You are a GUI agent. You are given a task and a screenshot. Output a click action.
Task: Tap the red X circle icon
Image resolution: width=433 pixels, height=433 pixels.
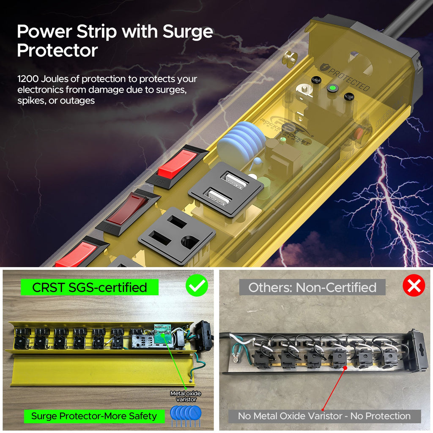(414, 286)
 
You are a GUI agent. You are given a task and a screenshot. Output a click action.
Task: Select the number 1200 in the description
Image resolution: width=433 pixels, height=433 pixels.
(28, 79)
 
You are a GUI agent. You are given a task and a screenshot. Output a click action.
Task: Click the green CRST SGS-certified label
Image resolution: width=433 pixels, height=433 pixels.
(89, 288)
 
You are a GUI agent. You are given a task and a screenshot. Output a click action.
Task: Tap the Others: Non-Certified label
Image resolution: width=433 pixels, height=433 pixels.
(312, 288)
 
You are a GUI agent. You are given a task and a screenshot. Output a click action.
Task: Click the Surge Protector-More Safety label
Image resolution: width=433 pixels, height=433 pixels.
(94, 416)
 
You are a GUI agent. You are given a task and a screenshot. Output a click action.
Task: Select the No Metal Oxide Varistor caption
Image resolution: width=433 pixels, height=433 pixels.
(324, 416)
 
